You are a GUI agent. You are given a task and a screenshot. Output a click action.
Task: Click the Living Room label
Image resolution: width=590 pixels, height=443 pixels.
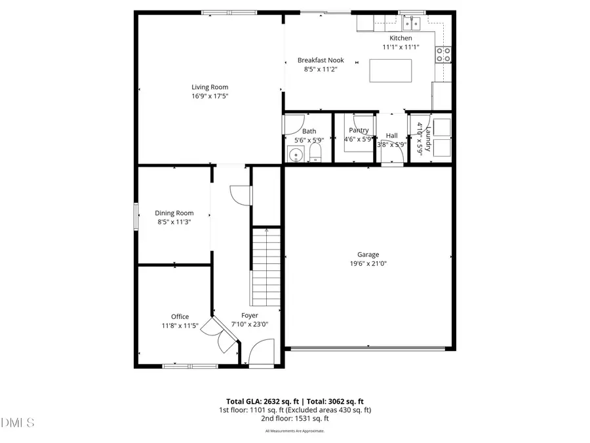tap(210, 87)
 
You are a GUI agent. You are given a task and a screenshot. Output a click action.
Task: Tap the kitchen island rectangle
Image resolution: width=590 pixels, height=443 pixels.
tap(391, 70)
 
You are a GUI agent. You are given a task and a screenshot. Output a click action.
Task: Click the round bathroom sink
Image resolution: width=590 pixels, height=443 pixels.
tap(296, 156)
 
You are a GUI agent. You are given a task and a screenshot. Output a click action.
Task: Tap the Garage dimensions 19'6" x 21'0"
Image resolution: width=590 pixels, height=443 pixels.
tap(368, 264)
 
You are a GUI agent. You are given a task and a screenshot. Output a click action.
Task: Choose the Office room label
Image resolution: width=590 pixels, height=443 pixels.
tap(180, 316)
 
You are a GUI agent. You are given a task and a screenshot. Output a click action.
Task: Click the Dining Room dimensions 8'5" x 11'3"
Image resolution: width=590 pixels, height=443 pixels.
tap(174, 222)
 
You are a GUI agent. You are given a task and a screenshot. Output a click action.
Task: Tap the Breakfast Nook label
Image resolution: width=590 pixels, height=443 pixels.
tap(321, 60)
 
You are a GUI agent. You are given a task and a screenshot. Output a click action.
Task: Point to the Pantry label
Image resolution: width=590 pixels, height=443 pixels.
tap(359, 130)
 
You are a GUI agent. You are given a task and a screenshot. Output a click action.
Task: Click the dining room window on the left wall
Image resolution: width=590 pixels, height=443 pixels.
tap(136, 217)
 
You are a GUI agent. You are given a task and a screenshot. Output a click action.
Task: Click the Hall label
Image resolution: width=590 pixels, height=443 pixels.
tap(392, 135)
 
